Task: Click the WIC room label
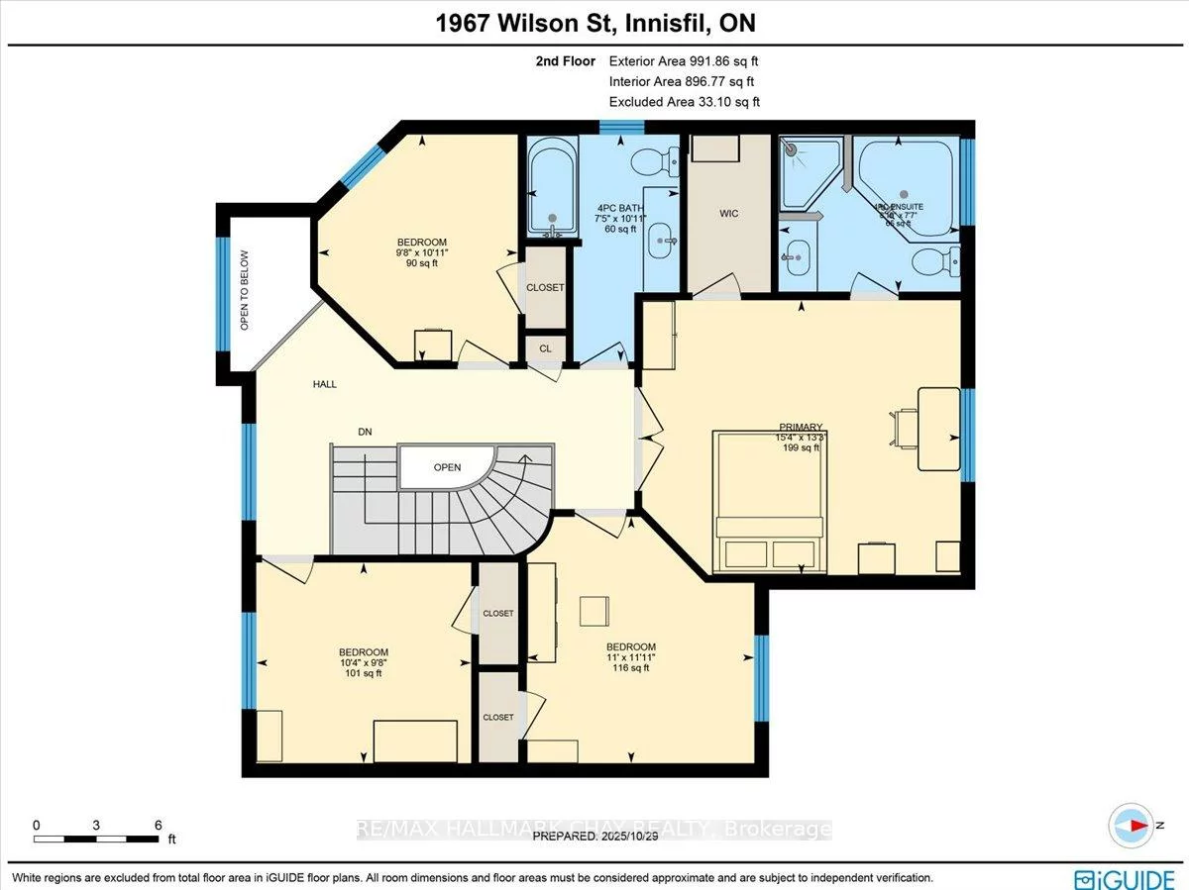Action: [x=728, y=214]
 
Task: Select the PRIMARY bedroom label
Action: [x=801, y=428]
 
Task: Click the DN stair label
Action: [x=366, y=432]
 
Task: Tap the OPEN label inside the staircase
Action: [x=447, y=467]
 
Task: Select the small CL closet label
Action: [x=545, y=348]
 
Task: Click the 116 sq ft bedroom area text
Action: [x=631, y=668]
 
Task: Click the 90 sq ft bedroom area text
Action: [x=422, y=264]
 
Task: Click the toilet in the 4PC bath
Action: [x=655, y=158]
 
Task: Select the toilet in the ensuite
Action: [x=932, y=262]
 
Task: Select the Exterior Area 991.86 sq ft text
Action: [x=684, y=61]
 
